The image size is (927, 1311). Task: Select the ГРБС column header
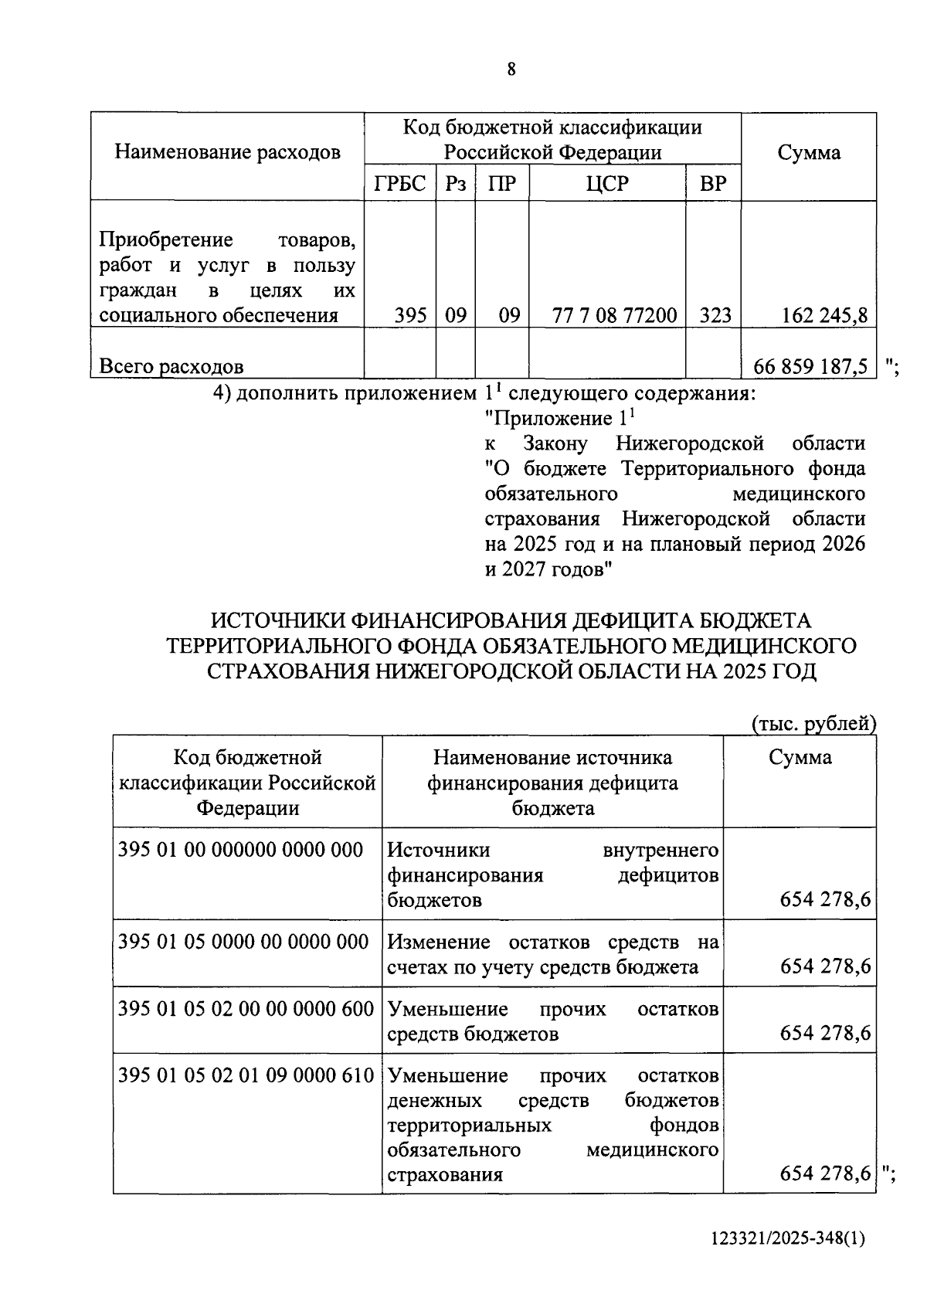(400, 184)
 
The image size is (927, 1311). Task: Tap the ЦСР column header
(607, 184)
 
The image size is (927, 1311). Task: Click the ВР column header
(713, 184)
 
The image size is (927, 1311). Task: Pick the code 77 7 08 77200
(615, 315)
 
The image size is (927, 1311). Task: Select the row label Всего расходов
(171, 366)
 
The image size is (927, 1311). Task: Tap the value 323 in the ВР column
(715, 315)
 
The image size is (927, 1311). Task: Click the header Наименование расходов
(228, 152)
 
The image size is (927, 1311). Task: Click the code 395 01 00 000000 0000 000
(240, 850)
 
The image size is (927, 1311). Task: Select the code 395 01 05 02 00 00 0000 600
(246, 1009)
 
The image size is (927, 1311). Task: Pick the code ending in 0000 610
(246, 1075)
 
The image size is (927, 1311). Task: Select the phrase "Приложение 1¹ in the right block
(559, 419)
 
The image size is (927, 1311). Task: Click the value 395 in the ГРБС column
(410, 315)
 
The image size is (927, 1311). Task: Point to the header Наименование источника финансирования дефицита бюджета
(552, 783)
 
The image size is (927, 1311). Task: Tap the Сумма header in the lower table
(800, 757)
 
